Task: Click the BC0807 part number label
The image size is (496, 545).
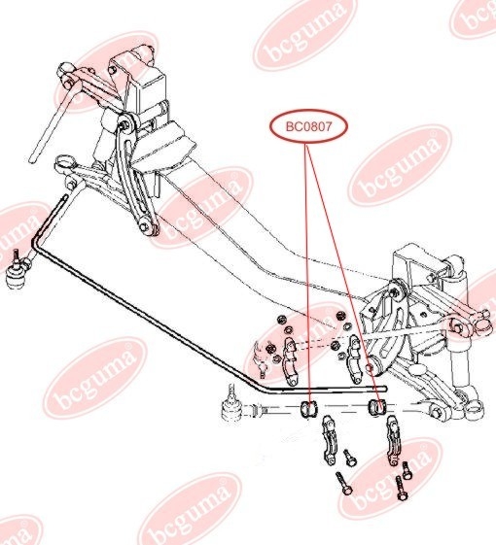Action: (x=308, y=127)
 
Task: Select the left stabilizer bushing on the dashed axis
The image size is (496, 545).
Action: (x=308, y=409)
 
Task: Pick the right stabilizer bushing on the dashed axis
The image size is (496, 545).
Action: (x=377, y=408)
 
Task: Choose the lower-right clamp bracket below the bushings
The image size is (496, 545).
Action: (x=392, y=440)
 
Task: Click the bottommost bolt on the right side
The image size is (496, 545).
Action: (x=401, y=488)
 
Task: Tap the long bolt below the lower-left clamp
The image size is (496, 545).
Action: (x=344, y=483)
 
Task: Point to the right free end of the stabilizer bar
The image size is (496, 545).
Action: (x=384, y=389)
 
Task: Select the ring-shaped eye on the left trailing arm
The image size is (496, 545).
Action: (x=66, y=162)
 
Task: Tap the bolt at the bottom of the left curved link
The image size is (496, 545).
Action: (x=143, y=227)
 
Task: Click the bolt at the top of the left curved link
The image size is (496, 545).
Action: (x=123, y=123)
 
